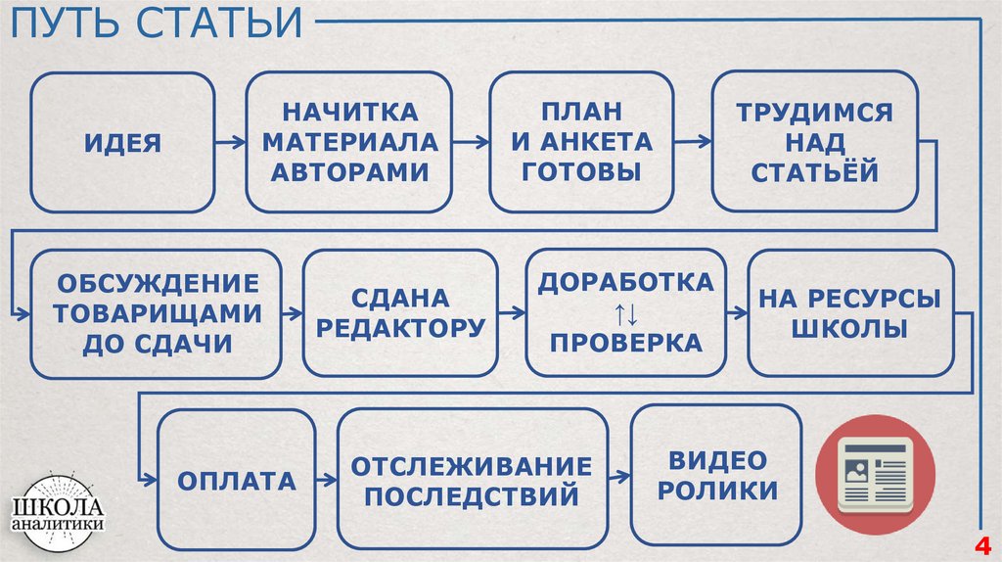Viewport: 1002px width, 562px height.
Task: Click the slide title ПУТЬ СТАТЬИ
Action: [158, 23]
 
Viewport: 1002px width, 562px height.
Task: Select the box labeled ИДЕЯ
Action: [122, 143]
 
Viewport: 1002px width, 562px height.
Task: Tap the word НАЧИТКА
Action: [350, 112]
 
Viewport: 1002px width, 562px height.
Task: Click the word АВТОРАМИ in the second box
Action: [350, 172]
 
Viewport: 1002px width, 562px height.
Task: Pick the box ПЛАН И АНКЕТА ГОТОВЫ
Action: [581, 143]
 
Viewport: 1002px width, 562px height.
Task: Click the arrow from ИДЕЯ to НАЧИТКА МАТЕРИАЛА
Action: [230, 143]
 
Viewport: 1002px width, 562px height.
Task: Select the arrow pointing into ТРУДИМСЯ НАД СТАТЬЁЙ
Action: [692, 143]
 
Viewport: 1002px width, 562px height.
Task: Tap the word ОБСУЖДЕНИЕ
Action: [157, 284]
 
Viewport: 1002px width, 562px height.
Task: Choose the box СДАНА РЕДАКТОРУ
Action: [400, 313]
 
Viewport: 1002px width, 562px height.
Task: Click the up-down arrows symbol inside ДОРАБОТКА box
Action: [625, 314]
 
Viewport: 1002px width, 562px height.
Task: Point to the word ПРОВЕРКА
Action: [625, 343]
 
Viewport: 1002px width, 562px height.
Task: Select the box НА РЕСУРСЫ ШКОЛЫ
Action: [849, 313]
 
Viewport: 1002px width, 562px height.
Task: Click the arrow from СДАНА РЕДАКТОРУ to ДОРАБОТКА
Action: [511, 313]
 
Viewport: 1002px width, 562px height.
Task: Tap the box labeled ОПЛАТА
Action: [236, 480]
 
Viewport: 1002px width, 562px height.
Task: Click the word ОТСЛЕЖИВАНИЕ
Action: [472, 464]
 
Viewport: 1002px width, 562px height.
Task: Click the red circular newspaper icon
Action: [875, 474]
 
